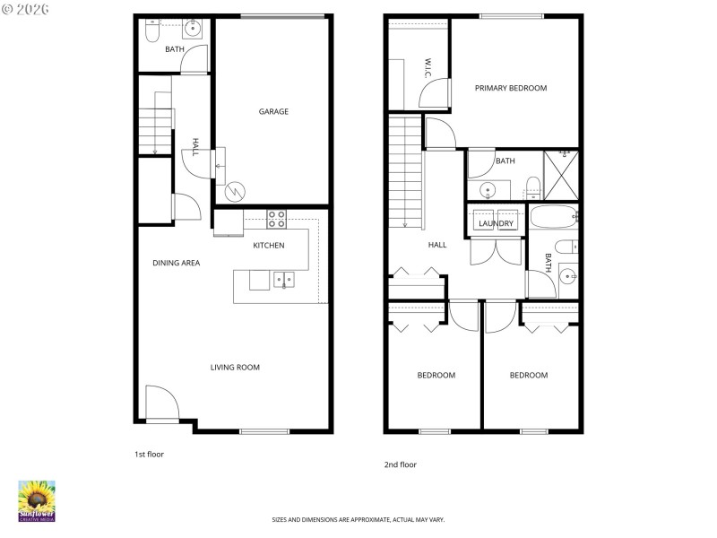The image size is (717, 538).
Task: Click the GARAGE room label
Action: (273, 112)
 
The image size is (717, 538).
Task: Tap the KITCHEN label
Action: (269, 246)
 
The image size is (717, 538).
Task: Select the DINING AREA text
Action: (176, 263)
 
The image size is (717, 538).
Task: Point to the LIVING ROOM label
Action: (235, 367)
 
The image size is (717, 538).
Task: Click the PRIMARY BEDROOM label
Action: (511, 88)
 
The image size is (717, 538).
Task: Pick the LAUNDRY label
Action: (496, 223)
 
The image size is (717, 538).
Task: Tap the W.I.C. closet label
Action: (428, 68)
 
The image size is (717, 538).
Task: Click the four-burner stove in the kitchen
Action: (276, 219)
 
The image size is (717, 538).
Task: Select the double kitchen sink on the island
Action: (283, 280)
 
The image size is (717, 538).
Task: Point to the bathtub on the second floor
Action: (551, 217)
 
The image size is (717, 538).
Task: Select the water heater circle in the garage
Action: (235, 191)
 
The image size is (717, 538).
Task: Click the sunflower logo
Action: (37, 500)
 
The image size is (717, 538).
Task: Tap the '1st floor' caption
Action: (149, 455)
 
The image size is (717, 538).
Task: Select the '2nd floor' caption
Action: (401, 464)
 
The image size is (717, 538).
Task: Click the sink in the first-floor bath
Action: (192, 28)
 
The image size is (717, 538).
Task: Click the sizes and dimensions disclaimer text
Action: (358, 519)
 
